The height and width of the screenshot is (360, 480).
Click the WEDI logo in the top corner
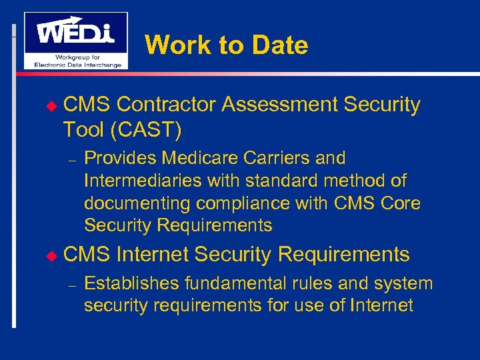coord(75,40)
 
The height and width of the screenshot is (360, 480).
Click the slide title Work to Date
coord(226,45)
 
